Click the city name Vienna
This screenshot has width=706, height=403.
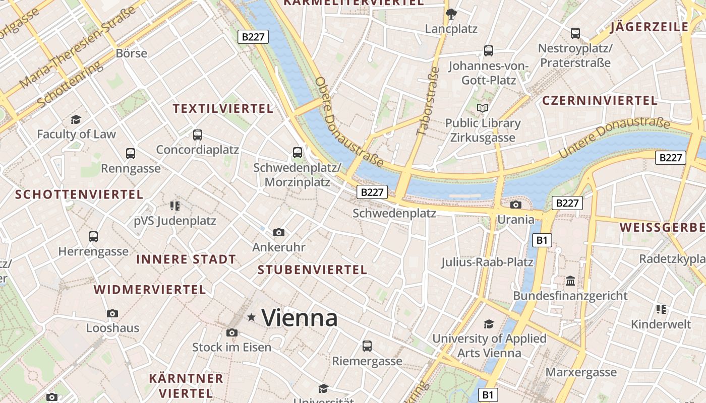[x=300, y=318]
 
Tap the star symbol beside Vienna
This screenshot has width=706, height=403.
[x=251, y=317]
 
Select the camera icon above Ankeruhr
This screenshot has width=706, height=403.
[x=279, y=232]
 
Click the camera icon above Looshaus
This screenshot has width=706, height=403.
[x=112, y=313]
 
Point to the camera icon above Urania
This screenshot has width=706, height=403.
[x=515, y=205]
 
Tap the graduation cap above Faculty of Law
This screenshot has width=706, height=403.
[x=76, y=119]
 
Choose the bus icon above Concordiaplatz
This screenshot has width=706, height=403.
[x=198, y=135]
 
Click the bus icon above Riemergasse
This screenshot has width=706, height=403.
[x=367, y=346]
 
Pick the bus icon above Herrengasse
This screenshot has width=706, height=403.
[x=93, y=236]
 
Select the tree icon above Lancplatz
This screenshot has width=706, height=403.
[x=451, y=14]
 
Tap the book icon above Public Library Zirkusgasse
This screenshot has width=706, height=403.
[x=483, y=108]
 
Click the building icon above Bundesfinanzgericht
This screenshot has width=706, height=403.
[x=570, y=281]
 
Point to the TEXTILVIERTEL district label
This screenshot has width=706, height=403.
[x=223, y=108]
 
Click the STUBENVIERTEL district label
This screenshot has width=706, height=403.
[x=312, y=270]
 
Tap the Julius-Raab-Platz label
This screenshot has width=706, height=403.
[x=487, y=262]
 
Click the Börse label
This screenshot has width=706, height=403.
[x=131, y=53]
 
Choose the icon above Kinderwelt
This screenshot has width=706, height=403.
[x=661, y=309]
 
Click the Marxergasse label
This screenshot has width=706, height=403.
[x=581, y=372]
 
